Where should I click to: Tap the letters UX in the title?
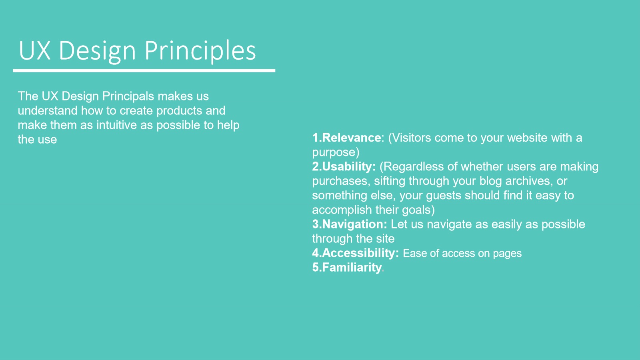click(35, 50)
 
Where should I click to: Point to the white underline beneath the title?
click(144, 70)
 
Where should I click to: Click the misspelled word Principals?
click(128, 96)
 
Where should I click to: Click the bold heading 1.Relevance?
click(346, 138)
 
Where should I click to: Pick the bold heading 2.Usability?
click(344, 167)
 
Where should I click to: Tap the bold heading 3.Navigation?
click(350, 224)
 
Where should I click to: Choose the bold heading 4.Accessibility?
click(356, 253)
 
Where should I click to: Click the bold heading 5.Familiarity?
click(347, 268)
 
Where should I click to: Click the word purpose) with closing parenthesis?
click(336, 152)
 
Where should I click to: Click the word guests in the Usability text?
click(444, 196)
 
